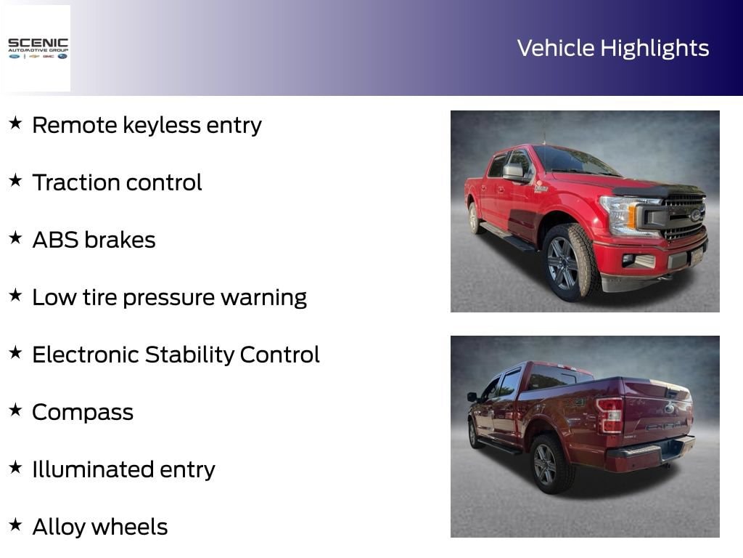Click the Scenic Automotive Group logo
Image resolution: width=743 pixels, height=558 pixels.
coord(38,49)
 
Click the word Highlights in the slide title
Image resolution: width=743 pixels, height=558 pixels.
coord(655,49)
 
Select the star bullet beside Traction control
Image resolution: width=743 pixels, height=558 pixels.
coord(16,180)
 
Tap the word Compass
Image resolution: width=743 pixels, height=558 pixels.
coord(83,413)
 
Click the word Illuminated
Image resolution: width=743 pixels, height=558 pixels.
coord(93,470)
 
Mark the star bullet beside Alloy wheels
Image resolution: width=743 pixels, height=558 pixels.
coord(16,525)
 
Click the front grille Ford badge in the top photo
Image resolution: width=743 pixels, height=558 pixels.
coord(695,215)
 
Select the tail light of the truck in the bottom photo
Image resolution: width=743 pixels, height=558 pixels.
coord(609,415)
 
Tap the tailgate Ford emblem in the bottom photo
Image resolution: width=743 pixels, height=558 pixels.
coord(669,408)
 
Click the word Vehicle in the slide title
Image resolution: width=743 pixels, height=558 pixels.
coord(556,49)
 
